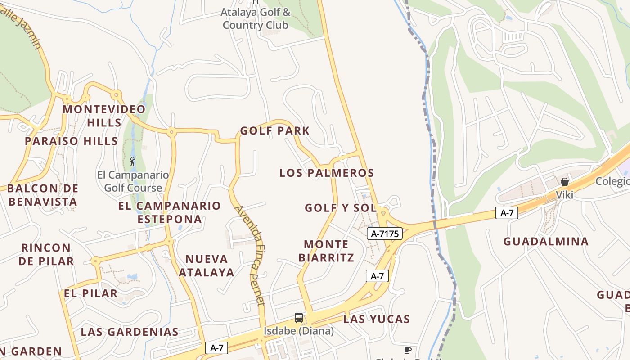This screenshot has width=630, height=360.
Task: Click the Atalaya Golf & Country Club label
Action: point(255,18)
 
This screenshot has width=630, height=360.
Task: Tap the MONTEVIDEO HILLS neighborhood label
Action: point(104,116)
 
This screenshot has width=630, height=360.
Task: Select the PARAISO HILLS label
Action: point(71,141)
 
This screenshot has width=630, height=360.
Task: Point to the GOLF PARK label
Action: point(274,131)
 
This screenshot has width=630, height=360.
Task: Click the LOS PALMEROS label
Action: point(327,173)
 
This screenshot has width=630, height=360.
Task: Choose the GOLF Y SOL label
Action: point(340,208)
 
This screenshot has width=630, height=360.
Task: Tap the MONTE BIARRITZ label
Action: point(326,251)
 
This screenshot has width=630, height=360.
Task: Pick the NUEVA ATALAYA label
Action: point(207,265)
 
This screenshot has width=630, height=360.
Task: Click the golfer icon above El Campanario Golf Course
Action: point(132,162)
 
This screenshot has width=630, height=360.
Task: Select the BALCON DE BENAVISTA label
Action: point(43,195)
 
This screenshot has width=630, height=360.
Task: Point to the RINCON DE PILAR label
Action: point(46,254)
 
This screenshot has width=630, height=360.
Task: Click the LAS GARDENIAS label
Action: point(130,332)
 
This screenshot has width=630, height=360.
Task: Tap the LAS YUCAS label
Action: point(376,319)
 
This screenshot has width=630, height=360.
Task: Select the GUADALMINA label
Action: point(546,242)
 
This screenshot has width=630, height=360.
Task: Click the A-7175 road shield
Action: point(384,234)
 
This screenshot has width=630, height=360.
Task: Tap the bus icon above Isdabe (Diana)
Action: point(299,318)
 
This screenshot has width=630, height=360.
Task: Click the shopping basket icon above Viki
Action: point(564,182)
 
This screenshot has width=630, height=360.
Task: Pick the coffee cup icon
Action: point(407,350)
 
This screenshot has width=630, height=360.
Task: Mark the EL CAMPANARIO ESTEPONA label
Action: point(170,212)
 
